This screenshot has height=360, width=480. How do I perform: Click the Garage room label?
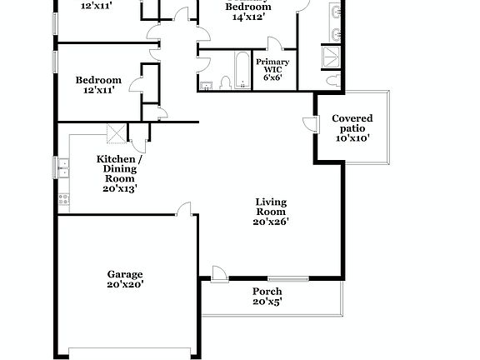[x=124, y=274]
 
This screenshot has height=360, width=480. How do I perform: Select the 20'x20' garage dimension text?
[x=124, y=284]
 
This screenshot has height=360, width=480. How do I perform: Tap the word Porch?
[x=267, y=292]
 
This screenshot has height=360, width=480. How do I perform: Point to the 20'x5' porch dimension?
[x=267, y=302]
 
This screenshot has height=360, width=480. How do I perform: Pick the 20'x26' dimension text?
[x=271, y=222]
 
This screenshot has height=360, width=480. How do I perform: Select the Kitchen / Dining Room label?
[x=119, y=168]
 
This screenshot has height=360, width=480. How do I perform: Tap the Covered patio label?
[x=352, y=123]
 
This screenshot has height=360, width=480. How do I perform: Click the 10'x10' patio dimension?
[x=352, y=139]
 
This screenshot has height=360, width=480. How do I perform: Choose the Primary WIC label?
[x=272, y=67]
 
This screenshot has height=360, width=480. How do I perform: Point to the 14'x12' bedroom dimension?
[x=248, y=17]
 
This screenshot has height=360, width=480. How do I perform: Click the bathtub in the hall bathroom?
[x=239, y=70]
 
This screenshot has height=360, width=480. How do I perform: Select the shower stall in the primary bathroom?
[x=332, y=55]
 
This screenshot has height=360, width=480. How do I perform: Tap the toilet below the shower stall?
[x=332, y=79]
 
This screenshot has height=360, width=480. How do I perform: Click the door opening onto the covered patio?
[x=309, y=124]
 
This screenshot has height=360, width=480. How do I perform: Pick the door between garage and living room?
[x=185, y=208]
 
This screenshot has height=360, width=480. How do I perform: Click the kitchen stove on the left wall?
[x=62, y=200]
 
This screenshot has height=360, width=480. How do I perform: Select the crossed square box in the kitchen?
[x=115, y=133]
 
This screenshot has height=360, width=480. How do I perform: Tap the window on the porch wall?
[x=288, y=278]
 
